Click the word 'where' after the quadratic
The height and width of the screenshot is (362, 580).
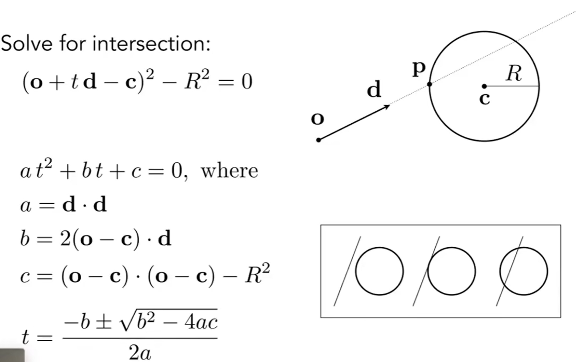point(229,171)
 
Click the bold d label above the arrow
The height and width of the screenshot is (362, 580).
point(374,90)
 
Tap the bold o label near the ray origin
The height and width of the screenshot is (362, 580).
point(318,119)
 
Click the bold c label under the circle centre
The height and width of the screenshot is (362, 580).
point(485,99)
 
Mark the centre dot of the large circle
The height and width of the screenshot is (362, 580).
point(484,86)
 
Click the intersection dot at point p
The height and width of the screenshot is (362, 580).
point(430,84)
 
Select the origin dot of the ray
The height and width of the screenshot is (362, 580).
point(318,140)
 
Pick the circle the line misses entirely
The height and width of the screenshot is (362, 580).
point(379,271)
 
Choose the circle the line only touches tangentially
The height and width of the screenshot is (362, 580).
point(452,271)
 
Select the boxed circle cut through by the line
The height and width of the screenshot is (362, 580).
point(524,271)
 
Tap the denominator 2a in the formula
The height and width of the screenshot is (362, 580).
point(140,353)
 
